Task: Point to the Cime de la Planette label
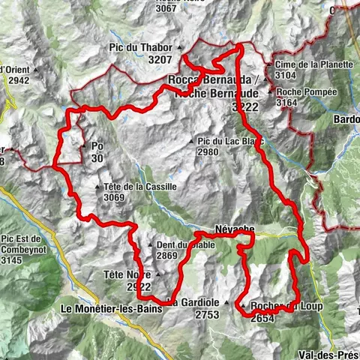(314, 64)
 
